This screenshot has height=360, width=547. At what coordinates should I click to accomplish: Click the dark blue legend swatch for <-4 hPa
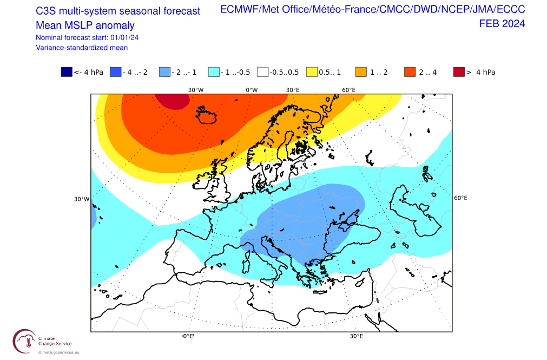[67, 72]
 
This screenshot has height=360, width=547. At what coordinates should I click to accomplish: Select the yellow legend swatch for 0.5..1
[312, 72]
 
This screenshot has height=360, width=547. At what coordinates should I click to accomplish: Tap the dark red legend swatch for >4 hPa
[459, 72]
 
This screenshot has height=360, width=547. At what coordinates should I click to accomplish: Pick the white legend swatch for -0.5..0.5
[263, 72]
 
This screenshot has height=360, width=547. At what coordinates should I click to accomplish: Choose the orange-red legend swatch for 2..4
[410, 72]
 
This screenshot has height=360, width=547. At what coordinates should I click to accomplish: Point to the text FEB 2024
[502, 23]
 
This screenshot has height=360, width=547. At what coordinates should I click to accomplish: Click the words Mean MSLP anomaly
[85, 25]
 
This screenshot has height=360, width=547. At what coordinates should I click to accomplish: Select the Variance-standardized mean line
[82, 48]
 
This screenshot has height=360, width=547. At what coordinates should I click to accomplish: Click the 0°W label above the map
[252, 89]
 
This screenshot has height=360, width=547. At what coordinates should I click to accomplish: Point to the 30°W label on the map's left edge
[82, 199]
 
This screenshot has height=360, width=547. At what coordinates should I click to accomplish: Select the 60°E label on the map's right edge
[460, 198]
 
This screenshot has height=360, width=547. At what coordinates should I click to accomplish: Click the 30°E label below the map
[355, 336]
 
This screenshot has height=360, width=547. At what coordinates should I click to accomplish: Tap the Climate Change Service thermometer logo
[24, 341]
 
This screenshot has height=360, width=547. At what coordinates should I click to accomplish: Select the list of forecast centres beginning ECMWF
[373, 10]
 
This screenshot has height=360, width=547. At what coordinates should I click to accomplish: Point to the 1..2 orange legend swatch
[361, 72]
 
